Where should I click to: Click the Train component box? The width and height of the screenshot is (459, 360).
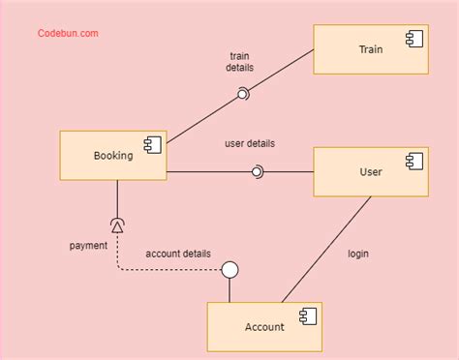(x=370, y=48)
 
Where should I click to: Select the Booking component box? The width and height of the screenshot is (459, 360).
(x=113, y=155)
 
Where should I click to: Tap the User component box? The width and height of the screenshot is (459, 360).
(x=370, y=171)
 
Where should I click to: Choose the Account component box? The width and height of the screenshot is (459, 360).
(x=264, y=326)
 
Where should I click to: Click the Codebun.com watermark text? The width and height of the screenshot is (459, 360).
(x=68, y=34)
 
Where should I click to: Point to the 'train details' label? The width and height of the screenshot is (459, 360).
(x=240, y=62)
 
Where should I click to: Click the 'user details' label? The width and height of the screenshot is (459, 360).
(x=250, y=143)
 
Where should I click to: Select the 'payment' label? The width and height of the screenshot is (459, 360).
(x=88, y=245)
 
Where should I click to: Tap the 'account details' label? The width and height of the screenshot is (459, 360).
(x=178, y=254)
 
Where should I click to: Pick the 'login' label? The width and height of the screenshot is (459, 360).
(x=358, y=255)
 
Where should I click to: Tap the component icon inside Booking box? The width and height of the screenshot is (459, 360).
(x=152, y=145)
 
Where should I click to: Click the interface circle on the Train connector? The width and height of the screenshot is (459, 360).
(x=244, y=94)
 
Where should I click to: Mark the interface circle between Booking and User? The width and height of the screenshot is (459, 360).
(x=257, y=172)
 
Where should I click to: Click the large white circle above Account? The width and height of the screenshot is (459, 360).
(x=229, y=270)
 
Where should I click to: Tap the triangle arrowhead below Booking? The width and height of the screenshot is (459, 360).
(x=118, y=226)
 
